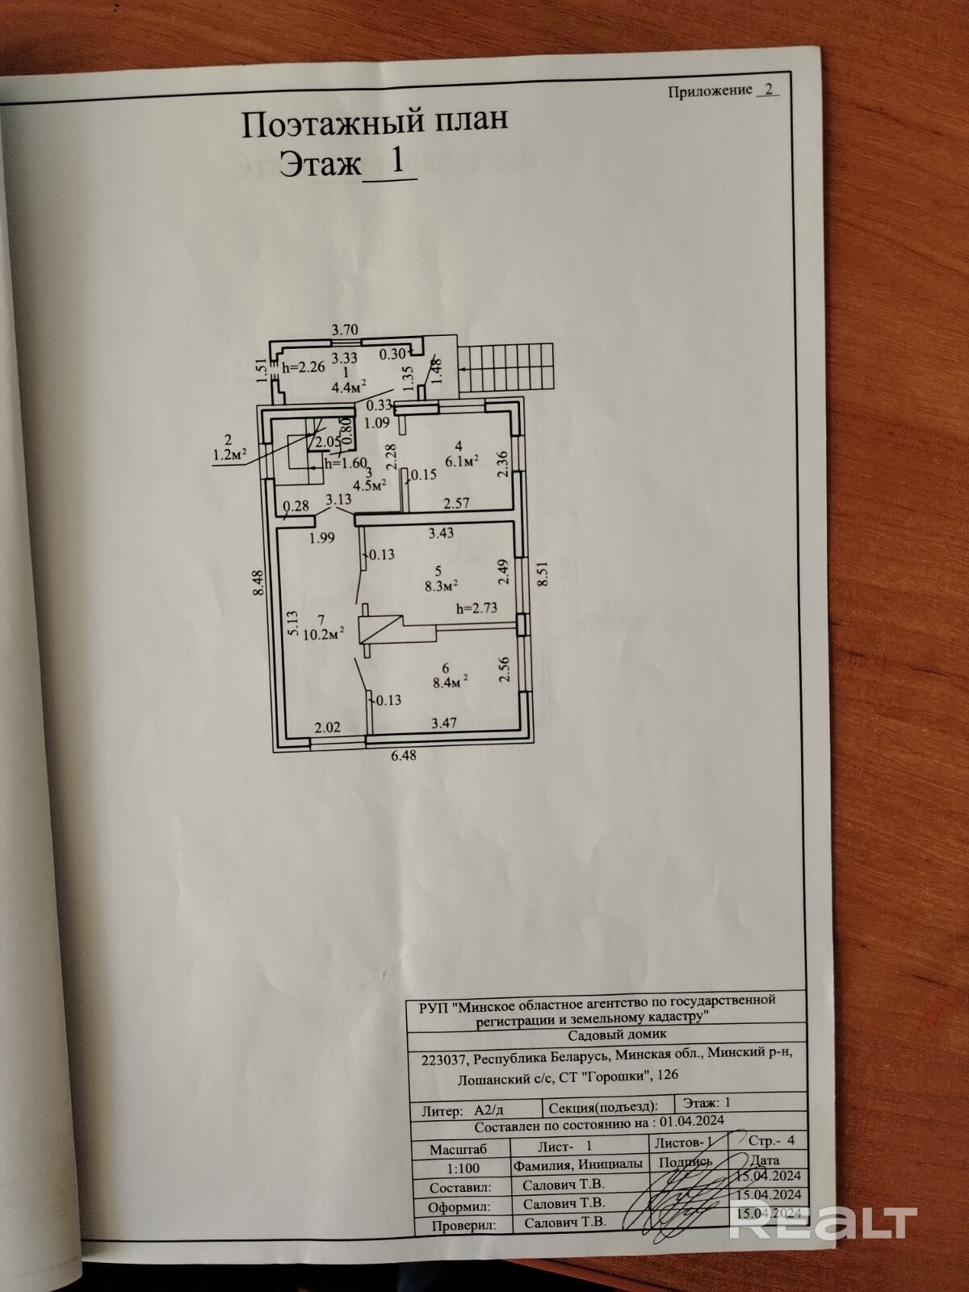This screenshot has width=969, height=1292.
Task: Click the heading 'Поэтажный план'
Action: point(375,123)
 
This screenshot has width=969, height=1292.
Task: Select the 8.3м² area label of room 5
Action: point(441,585)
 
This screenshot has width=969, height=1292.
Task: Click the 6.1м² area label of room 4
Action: point(461,461)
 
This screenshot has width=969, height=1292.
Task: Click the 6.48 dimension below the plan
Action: point(404,755)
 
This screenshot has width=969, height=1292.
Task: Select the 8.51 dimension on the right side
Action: point(542,572)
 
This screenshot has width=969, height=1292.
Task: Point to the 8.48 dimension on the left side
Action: point(258,583)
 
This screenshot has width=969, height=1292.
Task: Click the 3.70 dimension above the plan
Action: point(345,329)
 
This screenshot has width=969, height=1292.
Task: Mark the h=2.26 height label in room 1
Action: point(304,368)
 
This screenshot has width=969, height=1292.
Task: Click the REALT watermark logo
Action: point(824,1222)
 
